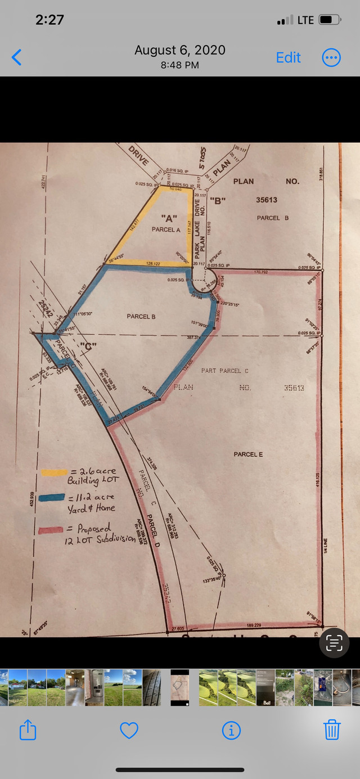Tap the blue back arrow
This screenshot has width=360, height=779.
pyautogui.click(x=17, y=57)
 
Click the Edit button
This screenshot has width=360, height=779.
pyautogui.click(x=288, y=57)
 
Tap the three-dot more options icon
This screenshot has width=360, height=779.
pyautogui.click(x=331, y=57)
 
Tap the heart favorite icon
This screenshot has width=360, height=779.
pyautogui.click(x=129, y=730)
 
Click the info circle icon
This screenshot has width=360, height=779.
pyautogui.click(x=231, y=730)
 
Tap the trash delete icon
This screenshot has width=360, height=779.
pyautogui.click(x=332, y=730)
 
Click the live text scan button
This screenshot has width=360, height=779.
pyautogui.click(x=334, y=642)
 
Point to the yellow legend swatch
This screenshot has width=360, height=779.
pyautogui.click(x=53, y=472)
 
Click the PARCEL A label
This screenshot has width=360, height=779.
pyautogui.click(x=165, y=229)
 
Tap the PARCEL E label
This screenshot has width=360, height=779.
pyautogui.click(x=248, y=454)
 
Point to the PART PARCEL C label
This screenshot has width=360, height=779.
pyautogui.click(x=224, y=371)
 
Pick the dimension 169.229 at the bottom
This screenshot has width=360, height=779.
pyautogui.click(x=254, y=624)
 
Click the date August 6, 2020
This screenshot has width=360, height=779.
pyautogui.click(x=179, y=50)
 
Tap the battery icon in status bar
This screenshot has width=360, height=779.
pyautogui.click(x=328, y=20)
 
